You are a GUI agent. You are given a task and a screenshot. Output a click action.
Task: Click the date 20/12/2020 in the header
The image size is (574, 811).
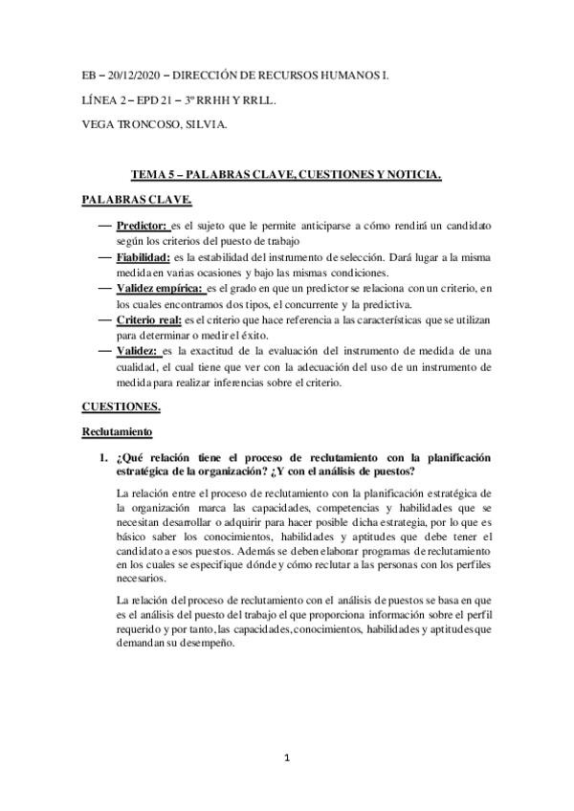(x=134, y=74)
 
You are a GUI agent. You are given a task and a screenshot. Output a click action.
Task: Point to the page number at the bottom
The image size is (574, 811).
(x=287, y=759)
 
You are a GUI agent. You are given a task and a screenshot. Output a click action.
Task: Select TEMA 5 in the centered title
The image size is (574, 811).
(x=154, y=175)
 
